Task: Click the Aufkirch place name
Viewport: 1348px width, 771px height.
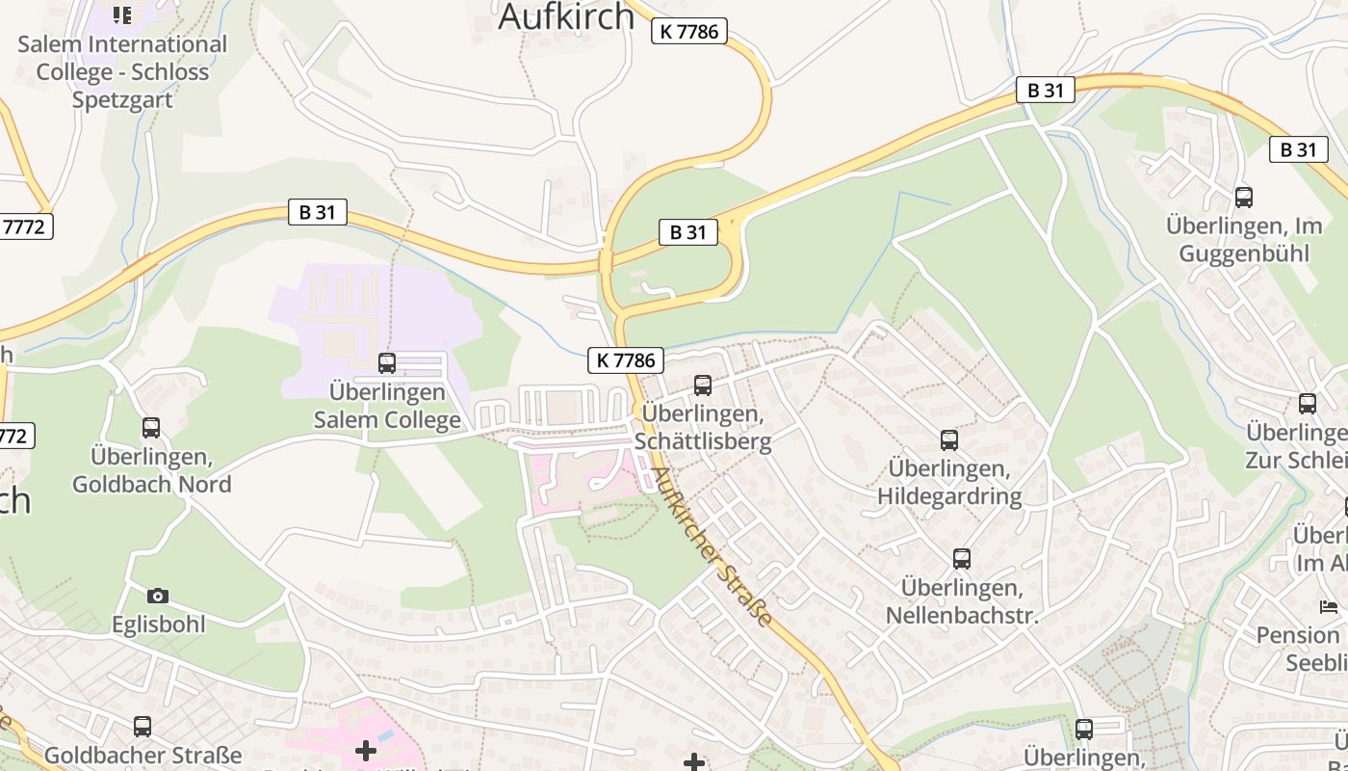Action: tap(566, 16)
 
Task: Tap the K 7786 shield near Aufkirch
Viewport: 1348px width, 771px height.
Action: tap(688, 31)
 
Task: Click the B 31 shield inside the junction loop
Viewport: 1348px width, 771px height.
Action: tap(688, 231)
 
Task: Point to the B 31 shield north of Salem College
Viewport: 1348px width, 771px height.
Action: tap(318, 212)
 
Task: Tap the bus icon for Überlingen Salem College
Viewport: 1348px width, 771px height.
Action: tap(387, 363)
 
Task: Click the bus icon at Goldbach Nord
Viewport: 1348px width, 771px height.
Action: tap(151, 428)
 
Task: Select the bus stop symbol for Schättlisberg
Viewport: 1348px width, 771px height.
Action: tap(703, 385)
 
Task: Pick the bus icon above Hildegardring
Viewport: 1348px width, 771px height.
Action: tap(949, 440)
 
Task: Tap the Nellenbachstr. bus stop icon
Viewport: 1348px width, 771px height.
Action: tap(961, 559)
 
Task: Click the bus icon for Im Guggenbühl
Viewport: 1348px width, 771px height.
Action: tap(1244, 198)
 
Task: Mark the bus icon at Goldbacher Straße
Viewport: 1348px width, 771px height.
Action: tap(143, 727)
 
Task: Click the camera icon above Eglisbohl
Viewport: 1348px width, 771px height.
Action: tap(158, 597)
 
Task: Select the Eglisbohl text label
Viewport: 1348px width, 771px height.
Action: tap(158, 625)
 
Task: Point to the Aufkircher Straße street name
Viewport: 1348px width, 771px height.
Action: tap(713, 546)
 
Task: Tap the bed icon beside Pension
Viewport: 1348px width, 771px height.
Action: tap(1329, 607)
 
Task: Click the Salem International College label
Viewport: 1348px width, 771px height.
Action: tap(122, 71)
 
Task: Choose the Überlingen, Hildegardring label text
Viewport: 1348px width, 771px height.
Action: tap(949, 482)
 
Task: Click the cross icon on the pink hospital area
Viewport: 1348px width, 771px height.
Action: tap(366, 750)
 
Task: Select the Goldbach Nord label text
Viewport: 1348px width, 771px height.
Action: tap(151, 469)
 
